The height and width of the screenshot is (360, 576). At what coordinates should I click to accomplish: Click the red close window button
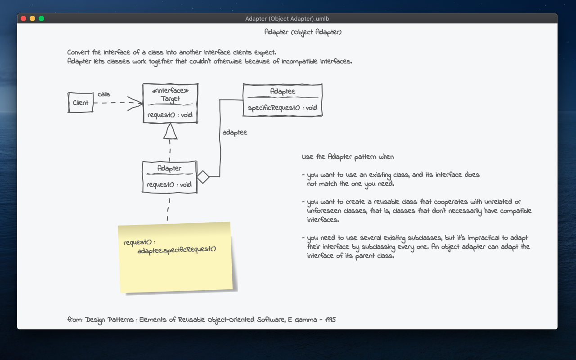(23, 18)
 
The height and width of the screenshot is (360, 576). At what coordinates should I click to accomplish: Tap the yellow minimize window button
(32, 18)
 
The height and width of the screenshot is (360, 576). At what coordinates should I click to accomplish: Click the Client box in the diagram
(81, 103)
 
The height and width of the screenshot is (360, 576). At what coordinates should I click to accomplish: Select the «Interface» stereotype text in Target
(170, 91)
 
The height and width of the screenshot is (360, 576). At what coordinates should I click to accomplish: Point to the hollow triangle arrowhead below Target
(170, 131)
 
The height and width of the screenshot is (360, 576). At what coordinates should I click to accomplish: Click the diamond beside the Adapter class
(203, 177)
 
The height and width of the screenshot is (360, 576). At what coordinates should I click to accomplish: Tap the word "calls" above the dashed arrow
(104, 94)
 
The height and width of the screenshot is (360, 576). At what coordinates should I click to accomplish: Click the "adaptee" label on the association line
(234, 133)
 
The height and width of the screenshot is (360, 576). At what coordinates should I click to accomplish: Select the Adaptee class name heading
(283, 91)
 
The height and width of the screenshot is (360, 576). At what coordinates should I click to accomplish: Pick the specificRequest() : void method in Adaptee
(283, 108)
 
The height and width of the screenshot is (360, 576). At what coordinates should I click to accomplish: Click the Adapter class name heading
(170, 168)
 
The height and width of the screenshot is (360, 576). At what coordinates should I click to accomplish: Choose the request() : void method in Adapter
(170, 184)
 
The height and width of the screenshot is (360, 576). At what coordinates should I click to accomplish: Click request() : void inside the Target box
(170, 115)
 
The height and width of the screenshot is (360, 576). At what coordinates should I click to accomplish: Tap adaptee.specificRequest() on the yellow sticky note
(177, 249)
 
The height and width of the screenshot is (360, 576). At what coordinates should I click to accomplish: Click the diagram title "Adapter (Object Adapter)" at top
(303, 32)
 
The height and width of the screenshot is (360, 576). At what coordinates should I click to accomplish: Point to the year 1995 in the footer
(330, 320)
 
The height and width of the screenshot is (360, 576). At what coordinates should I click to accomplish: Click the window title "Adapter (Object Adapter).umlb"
(287, 18)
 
